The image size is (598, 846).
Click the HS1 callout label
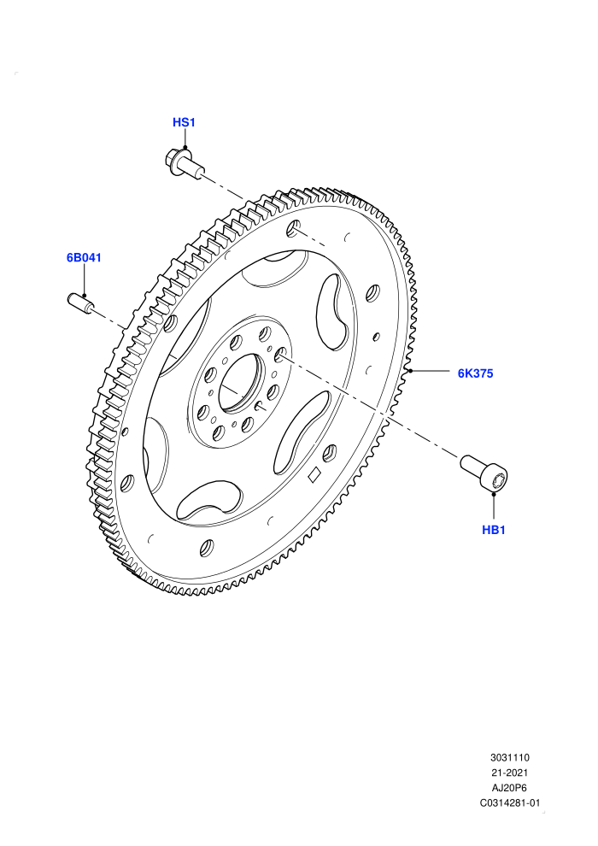pos(184,122)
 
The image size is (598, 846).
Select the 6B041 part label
pos(84,257)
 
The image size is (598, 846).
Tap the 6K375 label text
pos(475,373)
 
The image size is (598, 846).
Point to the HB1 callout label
pos(494,530)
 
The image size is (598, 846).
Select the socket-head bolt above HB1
pos(484,472)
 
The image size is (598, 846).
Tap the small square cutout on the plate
pos(314,474)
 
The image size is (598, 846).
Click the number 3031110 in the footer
pos(509,757)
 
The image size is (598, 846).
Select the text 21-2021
pos(509,773)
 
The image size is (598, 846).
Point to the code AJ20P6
pos(509,788)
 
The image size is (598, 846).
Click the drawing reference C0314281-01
pos(509,802)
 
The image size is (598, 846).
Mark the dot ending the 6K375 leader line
pos(410,371)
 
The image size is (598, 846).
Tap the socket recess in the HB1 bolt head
pos(500,479)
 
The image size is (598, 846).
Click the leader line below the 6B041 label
pos(85,279)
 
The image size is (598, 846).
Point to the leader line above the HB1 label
pos(494,507)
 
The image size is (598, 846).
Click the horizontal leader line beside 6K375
pos(430,371)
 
